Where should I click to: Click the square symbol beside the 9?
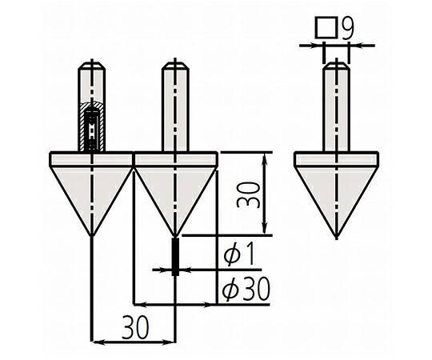coord(326,27)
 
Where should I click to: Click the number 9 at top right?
coord(347,28)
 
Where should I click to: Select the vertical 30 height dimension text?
coord(248,194)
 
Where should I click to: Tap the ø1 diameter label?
coord(238,255)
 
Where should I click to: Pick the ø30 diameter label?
coord(246,290)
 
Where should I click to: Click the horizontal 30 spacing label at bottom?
coord(135,328)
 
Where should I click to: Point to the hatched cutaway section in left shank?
coord(91,127)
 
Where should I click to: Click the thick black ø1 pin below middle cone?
coord(175,257)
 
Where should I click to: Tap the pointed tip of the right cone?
coord(336,238)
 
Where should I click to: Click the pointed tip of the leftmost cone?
coord(92,236)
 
